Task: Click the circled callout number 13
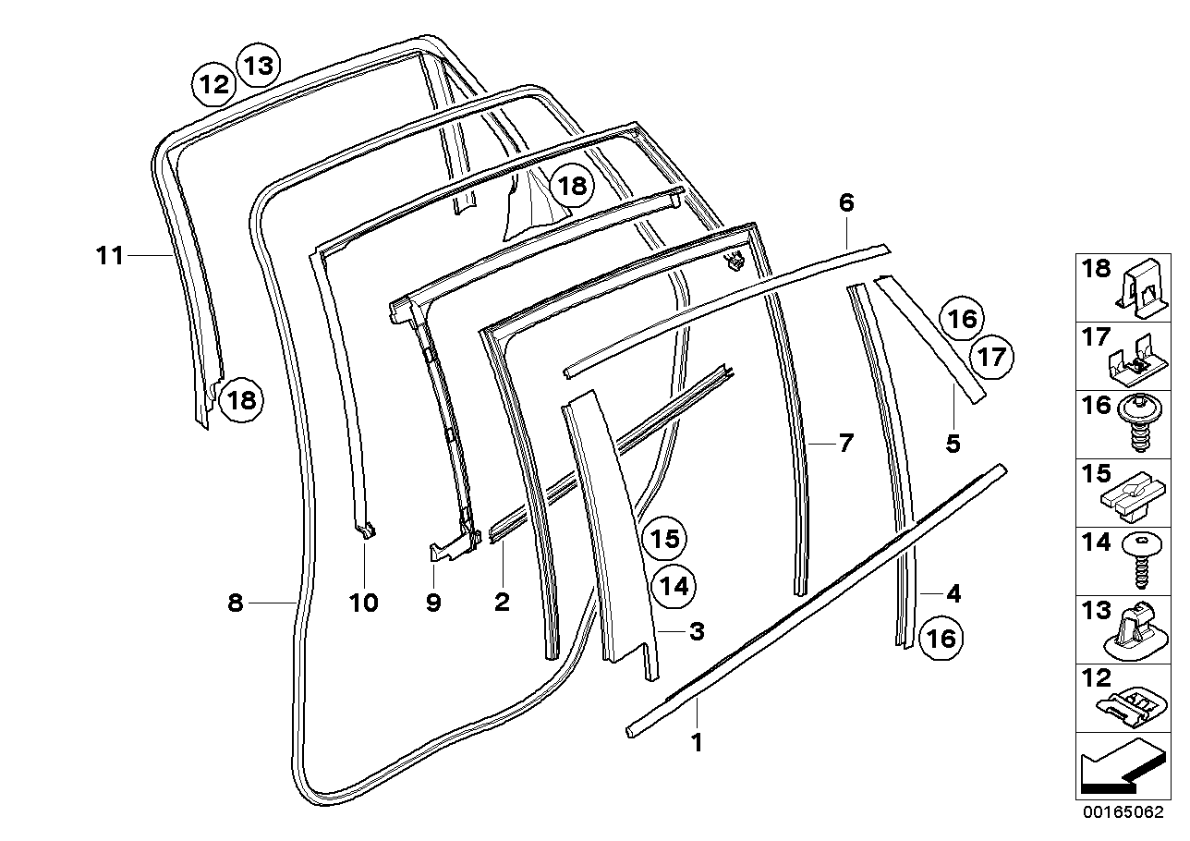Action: [x=259, y=66]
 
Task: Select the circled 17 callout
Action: [x=990, y=357]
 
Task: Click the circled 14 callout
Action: [x=673, y=585]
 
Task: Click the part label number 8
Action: [x=236, y=603]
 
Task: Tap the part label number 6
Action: [x=846, y=202]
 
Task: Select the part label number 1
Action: [x=698, y=742]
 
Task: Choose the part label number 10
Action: [x=364, y=603]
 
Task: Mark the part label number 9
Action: [x=433, y=603]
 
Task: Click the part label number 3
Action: [x=697, y=632]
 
